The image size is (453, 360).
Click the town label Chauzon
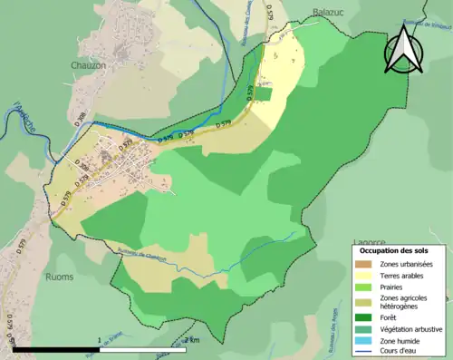89,65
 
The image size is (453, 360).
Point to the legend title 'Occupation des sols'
394,249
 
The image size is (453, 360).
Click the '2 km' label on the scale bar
191,339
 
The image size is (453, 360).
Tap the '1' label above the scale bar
99,339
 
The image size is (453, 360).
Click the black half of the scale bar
56,348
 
